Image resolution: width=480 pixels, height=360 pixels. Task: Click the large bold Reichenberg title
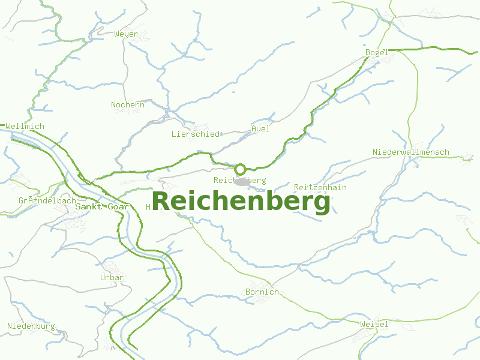point(241,202)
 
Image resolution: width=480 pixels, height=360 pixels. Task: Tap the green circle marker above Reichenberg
point(240,169)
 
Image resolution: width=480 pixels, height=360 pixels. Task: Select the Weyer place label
point(126,34)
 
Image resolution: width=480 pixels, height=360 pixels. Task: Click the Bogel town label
point(377,53)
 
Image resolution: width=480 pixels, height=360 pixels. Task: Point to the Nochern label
point(128,105)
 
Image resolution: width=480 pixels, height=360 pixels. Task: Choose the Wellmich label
point(25,127)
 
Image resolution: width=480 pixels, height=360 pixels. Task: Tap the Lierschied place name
point(196,134)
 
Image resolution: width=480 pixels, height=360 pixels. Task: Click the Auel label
point(261,128)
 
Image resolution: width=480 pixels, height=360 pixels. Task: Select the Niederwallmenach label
point(410,152)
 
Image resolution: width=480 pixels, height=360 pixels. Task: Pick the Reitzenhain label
point(320,188)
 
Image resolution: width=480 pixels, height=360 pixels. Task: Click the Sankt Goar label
point(102,206)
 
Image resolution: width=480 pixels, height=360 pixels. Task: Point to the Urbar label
point(112,278)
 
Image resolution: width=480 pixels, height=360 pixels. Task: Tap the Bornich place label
point(262,292)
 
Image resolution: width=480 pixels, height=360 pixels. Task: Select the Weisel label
point(374,325)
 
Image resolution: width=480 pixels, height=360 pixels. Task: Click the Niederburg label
point(31,326)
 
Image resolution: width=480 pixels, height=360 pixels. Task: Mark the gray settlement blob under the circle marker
point(242,181)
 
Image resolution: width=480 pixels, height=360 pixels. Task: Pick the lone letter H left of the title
point(148,207)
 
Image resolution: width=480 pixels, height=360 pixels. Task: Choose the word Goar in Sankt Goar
point(117,206)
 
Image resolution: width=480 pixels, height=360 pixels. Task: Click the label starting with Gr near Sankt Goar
point(47,200)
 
